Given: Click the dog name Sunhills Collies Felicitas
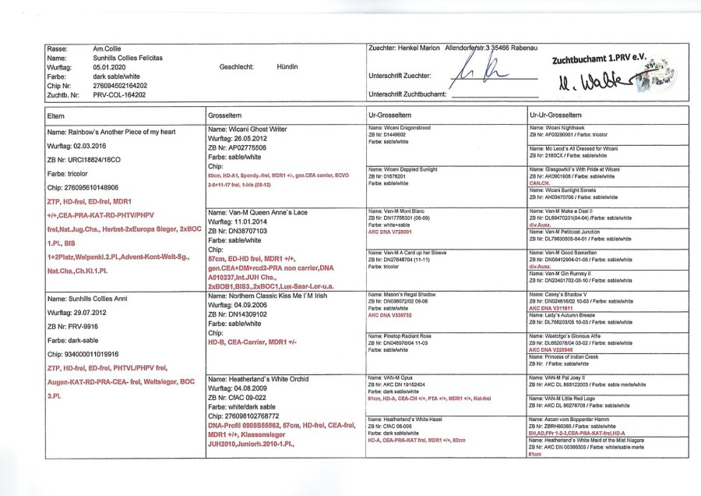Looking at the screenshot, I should pos(128,58).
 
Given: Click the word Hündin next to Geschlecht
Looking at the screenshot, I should pos(287,67).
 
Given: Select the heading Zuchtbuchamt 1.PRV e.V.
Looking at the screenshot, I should pos(599,59).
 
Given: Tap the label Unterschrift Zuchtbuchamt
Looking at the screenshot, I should pos(407,94).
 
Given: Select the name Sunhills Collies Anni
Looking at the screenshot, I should pos(88,299).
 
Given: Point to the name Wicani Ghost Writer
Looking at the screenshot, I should pos(247,128).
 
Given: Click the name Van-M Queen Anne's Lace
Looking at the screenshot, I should pos(253,212).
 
